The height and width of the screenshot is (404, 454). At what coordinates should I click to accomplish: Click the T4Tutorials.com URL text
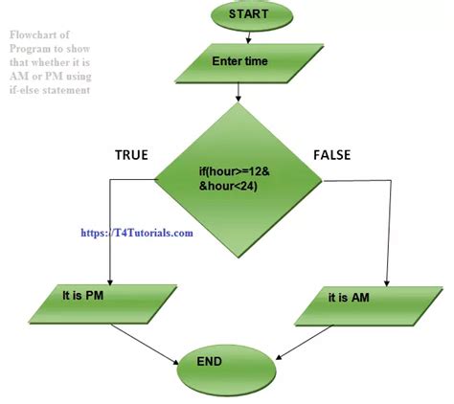point(137,232)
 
